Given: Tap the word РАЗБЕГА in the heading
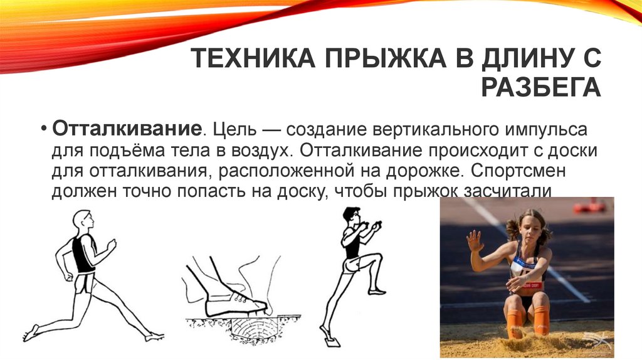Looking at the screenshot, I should [540, 87].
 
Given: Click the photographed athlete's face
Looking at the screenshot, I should [529, 229].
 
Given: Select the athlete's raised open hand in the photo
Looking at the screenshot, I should [475, 241].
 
